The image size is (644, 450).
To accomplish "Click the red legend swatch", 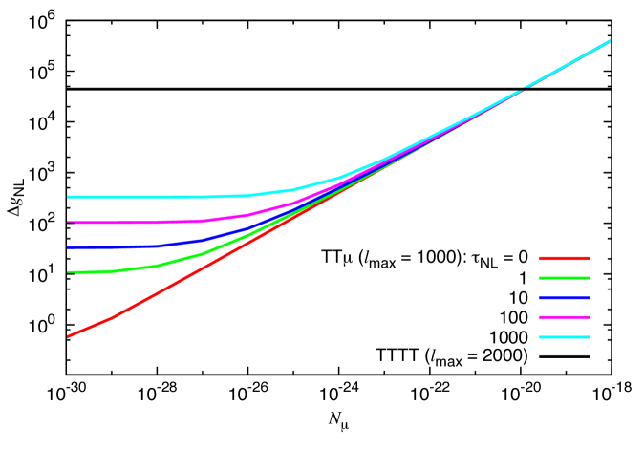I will [564, 258].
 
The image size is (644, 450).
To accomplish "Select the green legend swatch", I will [564, 278].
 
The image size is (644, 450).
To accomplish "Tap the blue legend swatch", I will [564, 298].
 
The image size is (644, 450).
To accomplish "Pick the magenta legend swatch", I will [564, 317].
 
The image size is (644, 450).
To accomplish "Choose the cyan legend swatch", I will [564, 337].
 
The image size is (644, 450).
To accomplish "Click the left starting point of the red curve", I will [68, 336].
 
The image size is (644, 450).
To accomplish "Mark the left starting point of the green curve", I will [68, 272].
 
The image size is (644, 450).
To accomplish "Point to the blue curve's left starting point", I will [68, 247].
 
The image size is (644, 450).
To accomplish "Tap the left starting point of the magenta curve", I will [68, 223].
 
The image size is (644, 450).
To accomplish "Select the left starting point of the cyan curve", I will [68, 197].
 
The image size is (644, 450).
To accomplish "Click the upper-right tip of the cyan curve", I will [610, 41].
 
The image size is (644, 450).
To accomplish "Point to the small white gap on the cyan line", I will [523, 90].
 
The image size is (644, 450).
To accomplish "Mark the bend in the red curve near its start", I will [113, 317].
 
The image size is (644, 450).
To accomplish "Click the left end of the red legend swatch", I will [541, 258].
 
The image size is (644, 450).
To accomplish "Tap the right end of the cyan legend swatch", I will [589, 337].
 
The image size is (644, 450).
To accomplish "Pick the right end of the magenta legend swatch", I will [589, 317].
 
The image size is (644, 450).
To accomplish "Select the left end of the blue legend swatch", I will [541, 298].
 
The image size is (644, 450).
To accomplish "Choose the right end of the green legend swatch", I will [589, 278].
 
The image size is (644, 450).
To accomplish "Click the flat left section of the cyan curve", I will [143, 197].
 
